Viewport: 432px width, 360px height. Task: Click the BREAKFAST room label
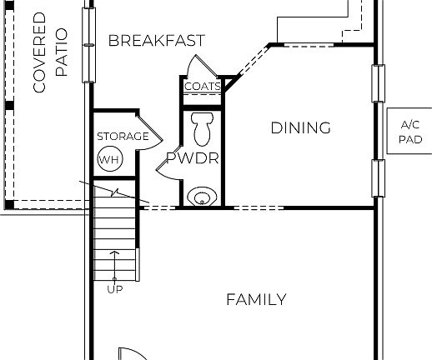pos(156,40)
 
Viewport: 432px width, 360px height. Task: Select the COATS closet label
pos(202,86)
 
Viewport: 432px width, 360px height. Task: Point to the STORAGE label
pos(123,136)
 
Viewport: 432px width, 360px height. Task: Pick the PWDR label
pos(192,157)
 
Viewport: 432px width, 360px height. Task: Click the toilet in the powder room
pos(202,128)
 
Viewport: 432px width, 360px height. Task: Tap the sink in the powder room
pos(202,197)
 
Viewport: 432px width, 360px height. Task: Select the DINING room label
pos(300,127)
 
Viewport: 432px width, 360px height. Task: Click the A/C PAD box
pos(409,131)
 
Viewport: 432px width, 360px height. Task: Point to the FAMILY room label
pos(256,299)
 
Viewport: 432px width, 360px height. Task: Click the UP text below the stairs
pos(114,289)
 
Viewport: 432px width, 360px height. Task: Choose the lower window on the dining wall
pos(377,180)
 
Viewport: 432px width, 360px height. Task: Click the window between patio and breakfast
pos(87,45)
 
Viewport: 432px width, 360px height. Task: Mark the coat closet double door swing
pos(203,67)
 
